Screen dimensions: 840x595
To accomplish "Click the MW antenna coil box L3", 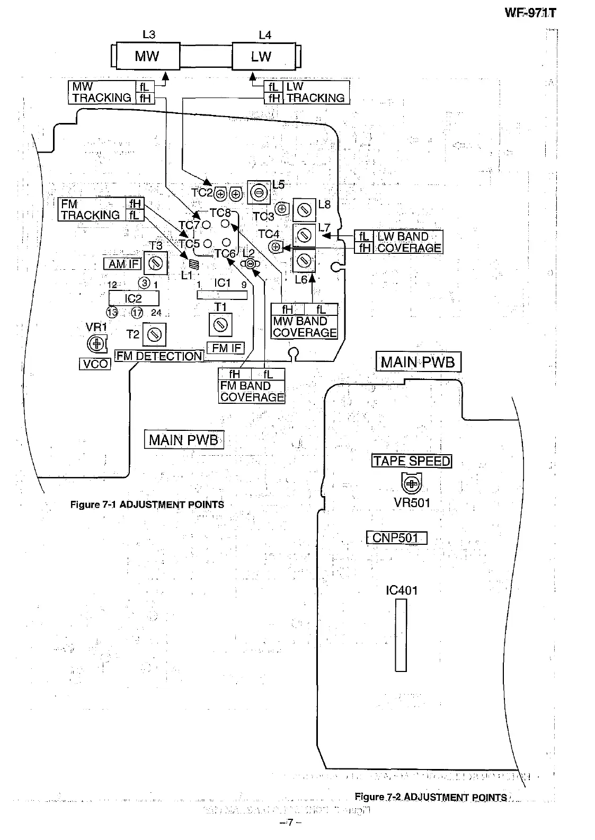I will pyautogui.click(x=147, y=56).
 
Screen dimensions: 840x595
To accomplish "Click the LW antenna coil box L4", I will pyautogui.click(x=262, y=56).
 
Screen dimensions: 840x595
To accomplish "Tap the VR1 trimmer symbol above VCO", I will pyautogui.click(x=97, y=344).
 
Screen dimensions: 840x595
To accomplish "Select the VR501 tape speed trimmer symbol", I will pyautogui.click(x=412, y=483).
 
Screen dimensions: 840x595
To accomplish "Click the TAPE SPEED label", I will pyautogui.click(x=412, y=461).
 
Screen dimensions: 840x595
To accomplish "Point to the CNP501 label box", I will pyautogui.click(x=396, y=538).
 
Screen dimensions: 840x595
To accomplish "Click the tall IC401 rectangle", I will pyautogui.click(x=401, y=635).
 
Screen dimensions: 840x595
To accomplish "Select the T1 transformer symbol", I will pyautogui.click(x=220, y=325).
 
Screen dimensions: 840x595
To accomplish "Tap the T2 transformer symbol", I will pyautogui.click(x=154, y=334).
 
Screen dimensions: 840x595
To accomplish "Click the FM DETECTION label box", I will pyautogui.click(x=159, y=356).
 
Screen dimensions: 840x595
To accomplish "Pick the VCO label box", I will pyautogui.click(x=95, y=364).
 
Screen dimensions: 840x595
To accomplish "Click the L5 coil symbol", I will pyautogui.click(x=259, y=192).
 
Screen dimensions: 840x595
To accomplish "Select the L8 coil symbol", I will pyautogui.click(x=304, y=210).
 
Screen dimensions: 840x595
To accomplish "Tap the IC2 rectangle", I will pyautogui.click(x=134, y=298).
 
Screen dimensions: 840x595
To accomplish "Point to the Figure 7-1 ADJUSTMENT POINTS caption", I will pyautogui.click(x=147, y=505).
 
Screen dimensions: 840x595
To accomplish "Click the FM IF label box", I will pyautogui.click(x=227, y=348).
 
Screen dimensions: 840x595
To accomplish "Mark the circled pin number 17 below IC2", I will pyautogui.click(x=137, y=313).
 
